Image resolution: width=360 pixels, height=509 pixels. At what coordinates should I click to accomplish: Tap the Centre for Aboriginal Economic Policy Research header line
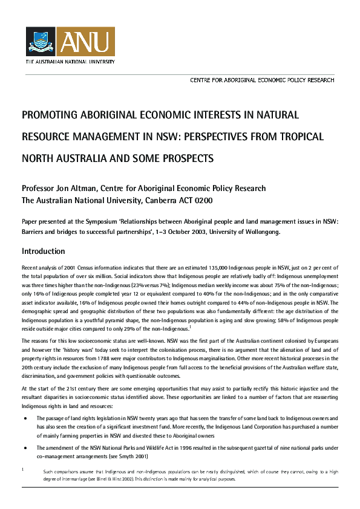click(x=262, y=80)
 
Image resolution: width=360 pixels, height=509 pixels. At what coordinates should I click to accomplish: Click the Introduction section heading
click(x=43, y=251)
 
